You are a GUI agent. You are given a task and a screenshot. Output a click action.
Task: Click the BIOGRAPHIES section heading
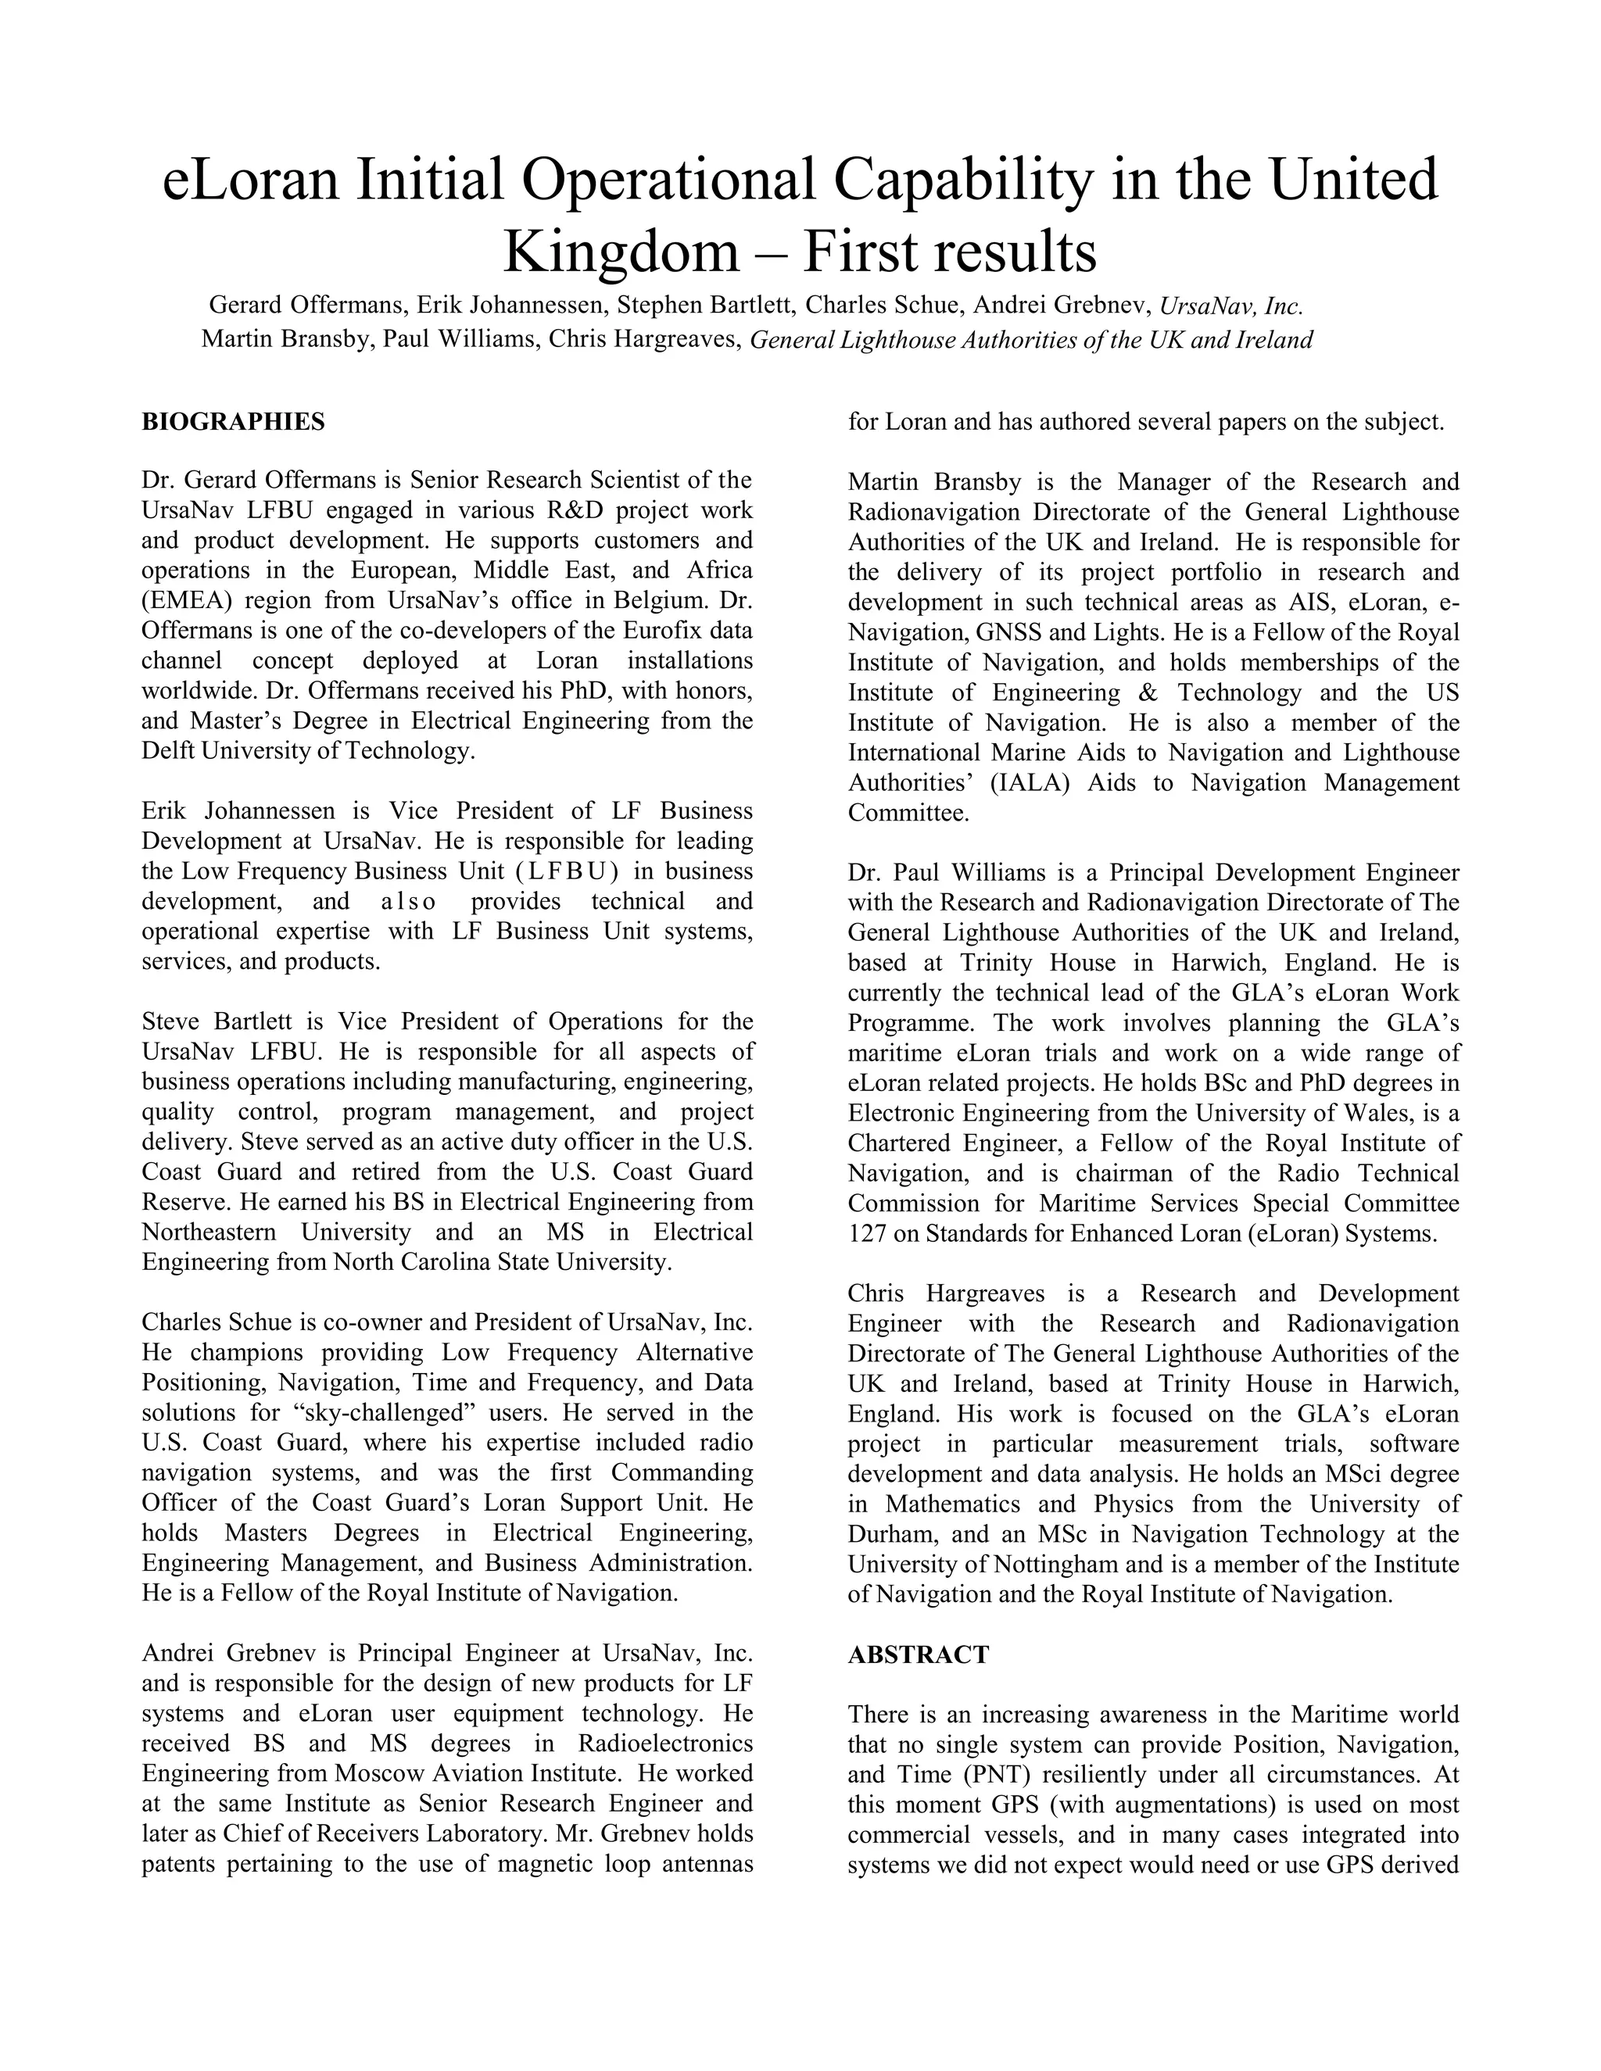click(x=232, y=422)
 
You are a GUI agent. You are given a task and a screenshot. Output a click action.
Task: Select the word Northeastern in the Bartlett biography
click(x=209, y=1232)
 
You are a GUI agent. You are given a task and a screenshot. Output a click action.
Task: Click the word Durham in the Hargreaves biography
click(x=889, y=1533)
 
